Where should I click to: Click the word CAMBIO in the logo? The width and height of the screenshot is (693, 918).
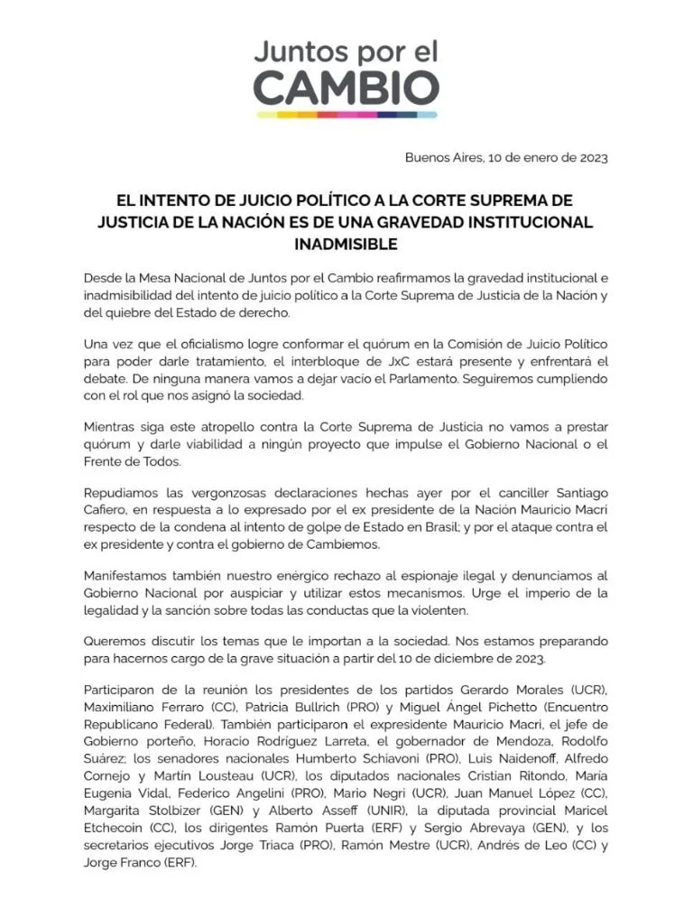tap(346, 88)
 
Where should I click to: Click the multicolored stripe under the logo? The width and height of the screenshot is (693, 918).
tap(346, 116)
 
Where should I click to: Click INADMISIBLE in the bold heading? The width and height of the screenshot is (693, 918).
tap(346, 244)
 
